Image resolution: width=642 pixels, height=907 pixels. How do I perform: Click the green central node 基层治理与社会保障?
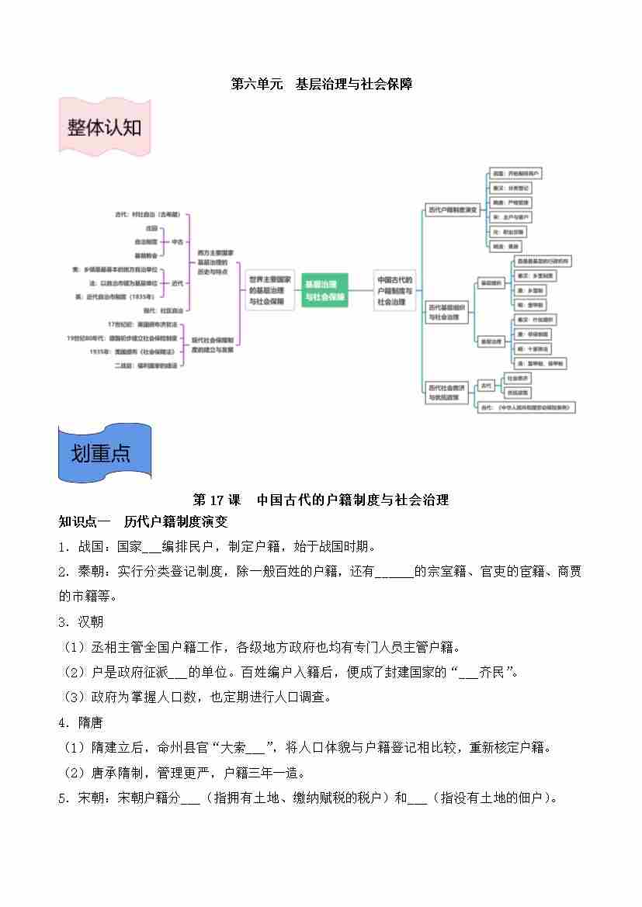point(324,290)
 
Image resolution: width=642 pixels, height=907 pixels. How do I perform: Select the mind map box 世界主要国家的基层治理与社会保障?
point(269,290)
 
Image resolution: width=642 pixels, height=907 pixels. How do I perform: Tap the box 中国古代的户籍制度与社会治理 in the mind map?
point(395,290)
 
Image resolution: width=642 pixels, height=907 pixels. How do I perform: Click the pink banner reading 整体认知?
point(105,127)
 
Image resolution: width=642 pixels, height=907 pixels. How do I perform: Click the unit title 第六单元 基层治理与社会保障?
point(321,84)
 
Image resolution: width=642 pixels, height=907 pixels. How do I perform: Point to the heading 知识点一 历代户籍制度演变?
point(143,521)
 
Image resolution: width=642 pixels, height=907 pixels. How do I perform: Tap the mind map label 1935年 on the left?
point(100,351)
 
